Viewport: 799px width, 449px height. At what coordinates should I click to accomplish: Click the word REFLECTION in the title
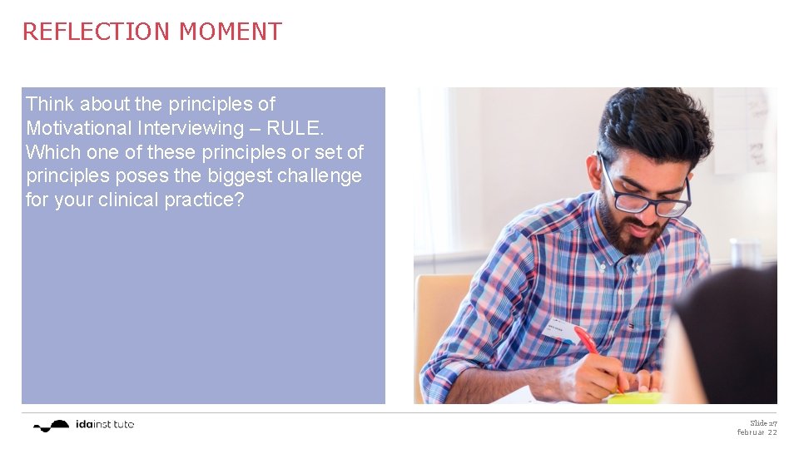[97, 32]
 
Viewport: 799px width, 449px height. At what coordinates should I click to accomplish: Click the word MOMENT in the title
[231, 32]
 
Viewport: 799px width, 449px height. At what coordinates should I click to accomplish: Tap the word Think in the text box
[50, 104]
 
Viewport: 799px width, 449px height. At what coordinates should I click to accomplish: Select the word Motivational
[78, 128]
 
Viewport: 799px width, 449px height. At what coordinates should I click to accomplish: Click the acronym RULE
[295, 128]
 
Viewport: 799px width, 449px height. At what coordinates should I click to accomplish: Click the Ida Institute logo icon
[52, 426]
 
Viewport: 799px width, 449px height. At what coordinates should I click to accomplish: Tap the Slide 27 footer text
[762, 423]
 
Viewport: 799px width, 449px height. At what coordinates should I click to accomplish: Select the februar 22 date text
[757, 432]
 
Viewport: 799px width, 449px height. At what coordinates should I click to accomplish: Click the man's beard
[633, 233]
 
